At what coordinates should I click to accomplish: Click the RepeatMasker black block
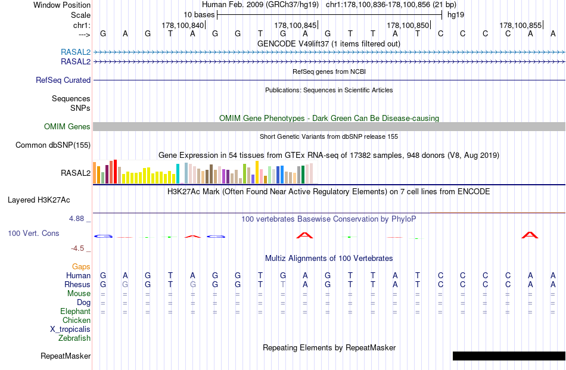(509, 356)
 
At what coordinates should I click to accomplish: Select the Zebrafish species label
(74, 338)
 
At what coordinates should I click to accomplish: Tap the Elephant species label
(75, 311)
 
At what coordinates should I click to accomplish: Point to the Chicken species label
(76, 320)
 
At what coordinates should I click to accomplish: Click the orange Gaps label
(81, 266)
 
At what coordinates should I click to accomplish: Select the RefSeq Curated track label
(63, 80)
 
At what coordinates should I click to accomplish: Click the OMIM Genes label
(67, 126)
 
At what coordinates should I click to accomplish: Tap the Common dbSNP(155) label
(53, 145)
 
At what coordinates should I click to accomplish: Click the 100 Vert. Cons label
(33, 233)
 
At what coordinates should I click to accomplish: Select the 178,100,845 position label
(295, 25)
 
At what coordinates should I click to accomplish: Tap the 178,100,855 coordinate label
(520, 25)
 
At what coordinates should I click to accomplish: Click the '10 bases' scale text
(199, 14)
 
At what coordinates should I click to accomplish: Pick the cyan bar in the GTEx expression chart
(178, 173)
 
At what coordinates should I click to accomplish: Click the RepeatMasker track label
(66, 356)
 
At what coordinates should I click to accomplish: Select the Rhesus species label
(78, 284)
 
